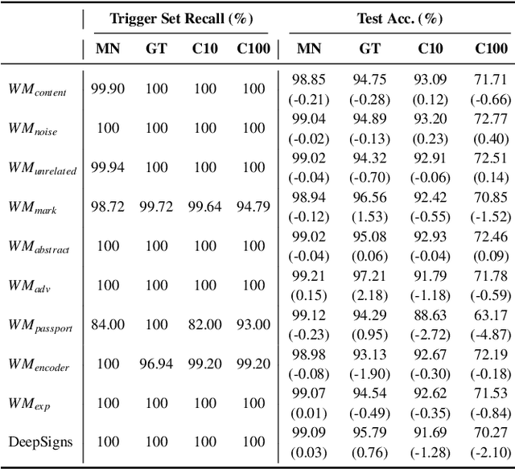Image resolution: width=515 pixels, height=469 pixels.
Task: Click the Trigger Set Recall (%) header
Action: coord(179,18)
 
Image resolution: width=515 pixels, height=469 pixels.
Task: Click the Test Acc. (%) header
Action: coord(398,18)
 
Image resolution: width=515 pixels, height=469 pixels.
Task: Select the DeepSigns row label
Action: coord(41,442)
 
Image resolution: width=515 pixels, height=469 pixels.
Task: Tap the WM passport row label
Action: coord(43,325)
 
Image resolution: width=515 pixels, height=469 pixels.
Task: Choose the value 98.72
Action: coord(108,206)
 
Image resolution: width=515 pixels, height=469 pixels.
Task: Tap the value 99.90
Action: coord(108,88)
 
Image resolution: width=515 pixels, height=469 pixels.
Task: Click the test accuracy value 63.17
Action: coord(491,315)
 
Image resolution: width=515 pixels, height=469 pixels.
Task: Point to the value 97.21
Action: coord(370,276)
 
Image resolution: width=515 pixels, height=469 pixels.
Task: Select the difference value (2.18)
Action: coord(370,294)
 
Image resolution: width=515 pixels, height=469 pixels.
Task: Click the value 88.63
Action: coord(431,315)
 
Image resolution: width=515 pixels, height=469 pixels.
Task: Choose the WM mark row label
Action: coord(38,208)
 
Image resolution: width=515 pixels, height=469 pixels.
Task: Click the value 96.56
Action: coord(370,198)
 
